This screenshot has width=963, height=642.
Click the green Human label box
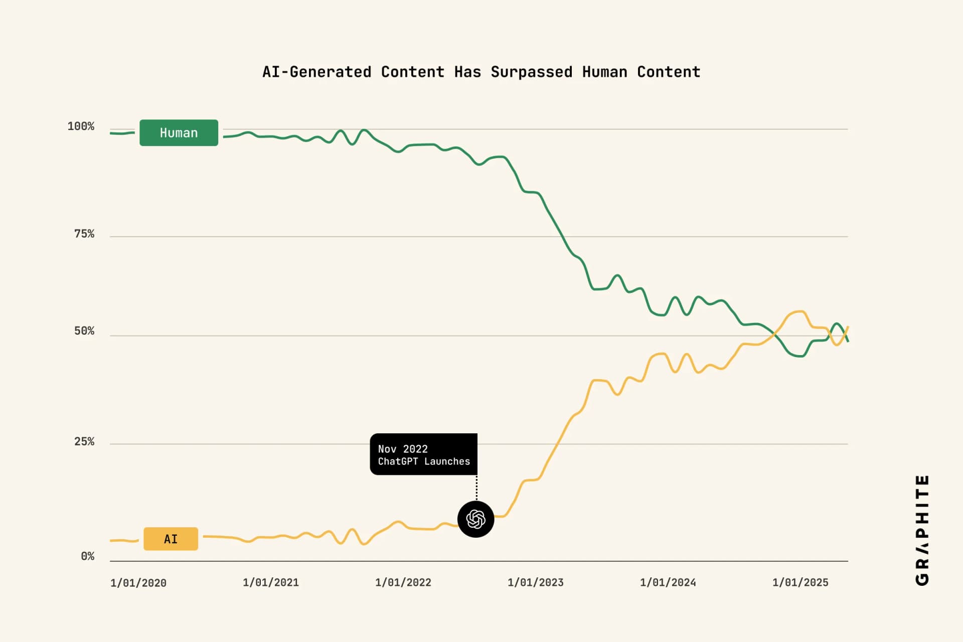click(x=179, y=133)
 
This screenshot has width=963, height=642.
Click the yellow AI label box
click(x=171, y=539)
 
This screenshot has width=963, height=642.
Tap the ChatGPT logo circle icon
click(x=475, y=519)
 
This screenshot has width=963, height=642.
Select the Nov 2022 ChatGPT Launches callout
click(x=423, y=454)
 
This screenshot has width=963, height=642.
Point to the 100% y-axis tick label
click(x=81, y=126)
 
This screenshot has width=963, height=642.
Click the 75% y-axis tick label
click(x=84, y=234)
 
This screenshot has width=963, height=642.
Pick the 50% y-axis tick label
click(x=84, y=331)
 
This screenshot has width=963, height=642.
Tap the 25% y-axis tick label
click(x=84, y=442)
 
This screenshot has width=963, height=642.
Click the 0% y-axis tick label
click(x=88, y=556)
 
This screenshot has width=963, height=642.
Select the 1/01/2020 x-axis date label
click(x=138, y=583)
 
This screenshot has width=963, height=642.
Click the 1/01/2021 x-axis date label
click(x=271, y=583)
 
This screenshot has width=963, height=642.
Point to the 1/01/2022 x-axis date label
click(x=403, y=583)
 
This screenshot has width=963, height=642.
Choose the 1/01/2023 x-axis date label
click(x=536, y=583)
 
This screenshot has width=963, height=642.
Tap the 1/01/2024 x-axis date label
click(x=668, y=583)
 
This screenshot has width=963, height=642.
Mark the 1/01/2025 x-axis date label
click(x=800, y=583)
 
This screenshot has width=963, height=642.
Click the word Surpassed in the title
click(x=531, y=72)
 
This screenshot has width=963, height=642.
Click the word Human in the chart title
click(x=604, y=72)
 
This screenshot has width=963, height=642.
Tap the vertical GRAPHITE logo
click(x=922, y=530)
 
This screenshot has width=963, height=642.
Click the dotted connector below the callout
click(x=476, y=488)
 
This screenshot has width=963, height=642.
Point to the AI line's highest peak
click(x=800, y=311)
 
